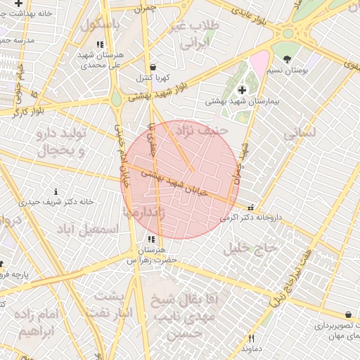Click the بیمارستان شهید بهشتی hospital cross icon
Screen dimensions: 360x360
pos(243,89)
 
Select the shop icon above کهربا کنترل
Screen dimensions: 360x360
pos(153,66)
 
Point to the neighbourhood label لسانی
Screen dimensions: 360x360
pos(299,131)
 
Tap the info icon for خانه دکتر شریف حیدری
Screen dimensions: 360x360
pos(56,191)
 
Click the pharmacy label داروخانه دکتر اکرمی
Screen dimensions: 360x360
pos(250,217)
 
